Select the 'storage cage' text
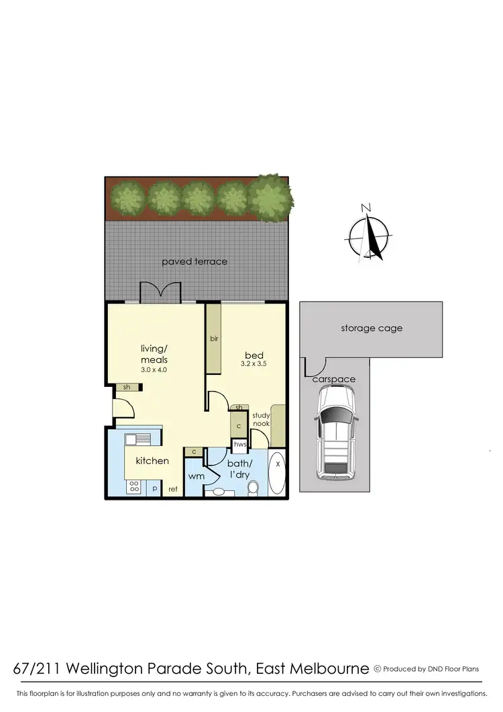tap(372, 328)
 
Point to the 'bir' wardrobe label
tap(215, 339)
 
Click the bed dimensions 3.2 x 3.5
tap(254, 363)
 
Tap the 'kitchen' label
tap(152, 461)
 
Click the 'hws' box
tap(239, 444)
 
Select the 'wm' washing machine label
tap(196, 476)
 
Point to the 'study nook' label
tap(260, 420)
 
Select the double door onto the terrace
tap(160, 294)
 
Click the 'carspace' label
tap(333, 380)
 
